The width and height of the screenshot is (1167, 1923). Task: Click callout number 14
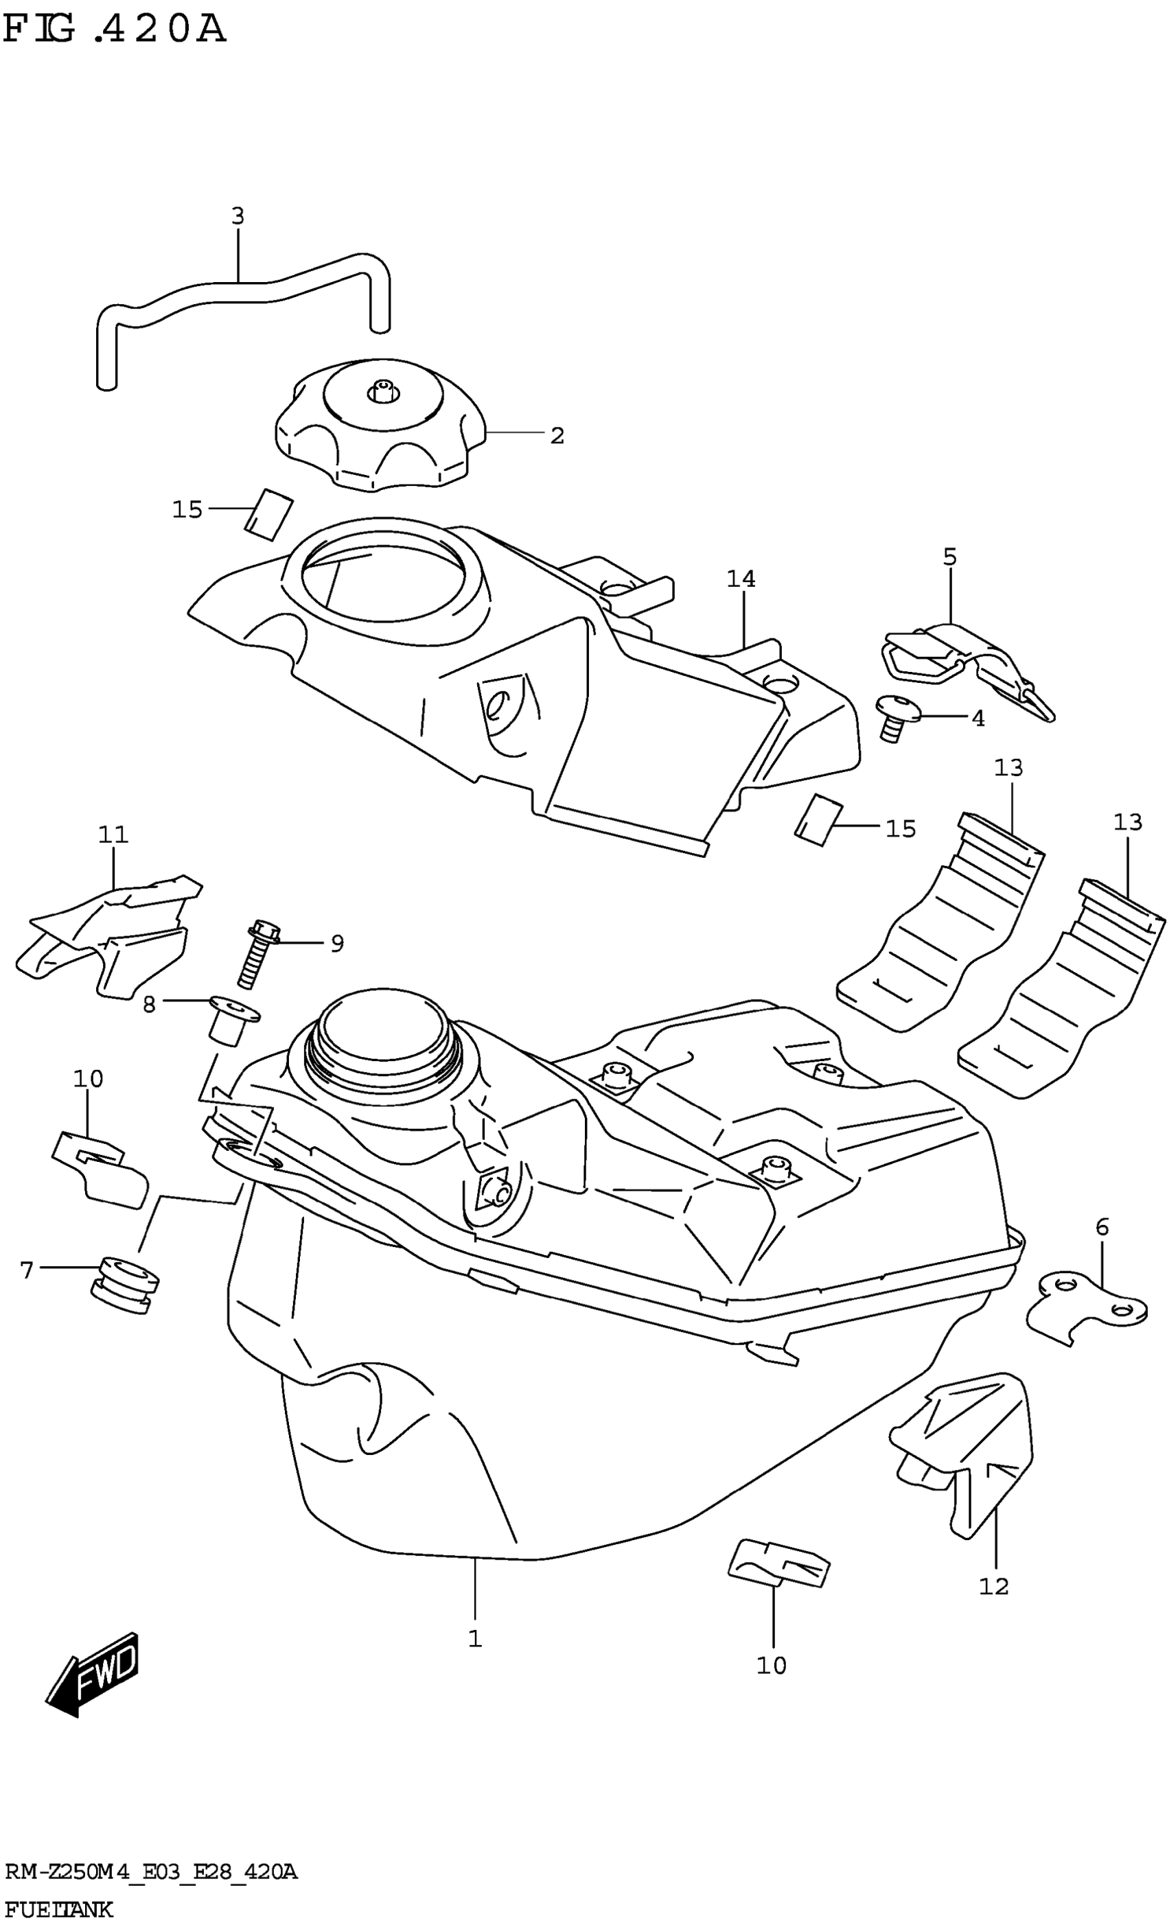tap(741, 579)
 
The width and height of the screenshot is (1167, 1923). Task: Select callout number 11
tap(113, 835)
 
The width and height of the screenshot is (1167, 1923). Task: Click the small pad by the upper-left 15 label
tap(268, 513)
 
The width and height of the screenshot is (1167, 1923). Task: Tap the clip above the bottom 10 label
tap(778, 1561)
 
